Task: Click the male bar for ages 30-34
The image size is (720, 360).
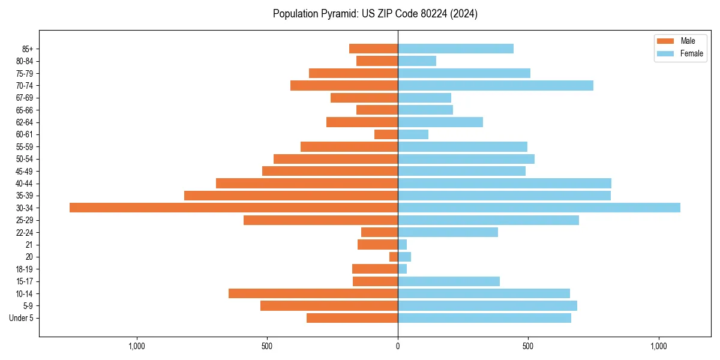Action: pyautogui.click(x=233, y=208)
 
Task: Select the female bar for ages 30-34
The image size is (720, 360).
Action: pyautogui.click(x=539, y=208)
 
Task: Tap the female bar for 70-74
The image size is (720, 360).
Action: pyautogui.click(x=496, y=86)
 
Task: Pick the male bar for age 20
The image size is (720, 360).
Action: pyautogui.click(x=394, y=257)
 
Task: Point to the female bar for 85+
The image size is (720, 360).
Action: pyautogui.click(x=455, y=49)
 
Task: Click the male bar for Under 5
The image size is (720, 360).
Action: pyautogui.click(x=352, y=318)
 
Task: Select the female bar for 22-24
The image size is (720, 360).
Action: pyautogui.click(x=448, y=232)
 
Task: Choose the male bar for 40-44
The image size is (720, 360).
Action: pyautogui.click(x=307, y=183)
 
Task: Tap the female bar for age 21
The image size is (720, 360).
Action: pyautogui.click(x=402, y=245)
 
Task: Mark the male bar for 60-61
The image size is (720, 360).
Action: pyautogui.click(x=386, y=134)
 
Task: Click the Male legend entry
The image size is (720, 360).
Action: pyautogui.click(x=680, y=41)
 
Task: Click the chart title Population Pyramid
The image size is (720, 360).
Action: pyautogui.click(x=375, y=14)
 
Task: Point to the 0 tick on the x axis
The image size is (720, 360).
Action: pyautogui.click(x=398, y=346)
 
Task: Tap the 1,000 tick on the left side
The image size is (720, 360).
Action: pyautogui.click(x=137, y=346)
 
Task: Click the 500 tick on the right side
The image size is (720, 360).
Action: pyautogui.click(x=528, y=346)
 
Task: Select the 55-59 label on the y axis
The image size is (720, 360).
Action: pyautogui.click(x=24, y=147)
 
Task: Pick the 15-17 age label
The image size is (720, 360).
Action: pyautogui.click(x=24, y=281)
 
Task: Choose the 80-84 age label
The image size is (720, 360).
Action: pyautogui.click(x=24, y=61)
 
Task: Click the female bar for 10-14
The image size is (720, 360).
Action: pyautogui.click(x=484, y=293)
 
